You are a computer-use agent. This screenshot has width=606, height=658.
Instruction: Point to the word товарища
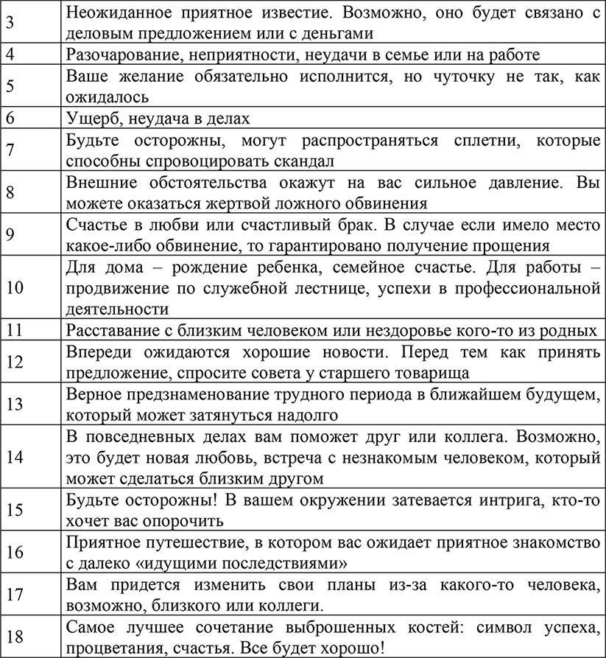429,371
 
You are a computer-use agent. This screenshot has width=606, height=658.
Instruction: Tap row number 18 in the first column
15,637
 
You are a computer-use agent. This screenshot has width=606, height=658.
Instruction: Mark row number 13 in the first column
15,404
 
